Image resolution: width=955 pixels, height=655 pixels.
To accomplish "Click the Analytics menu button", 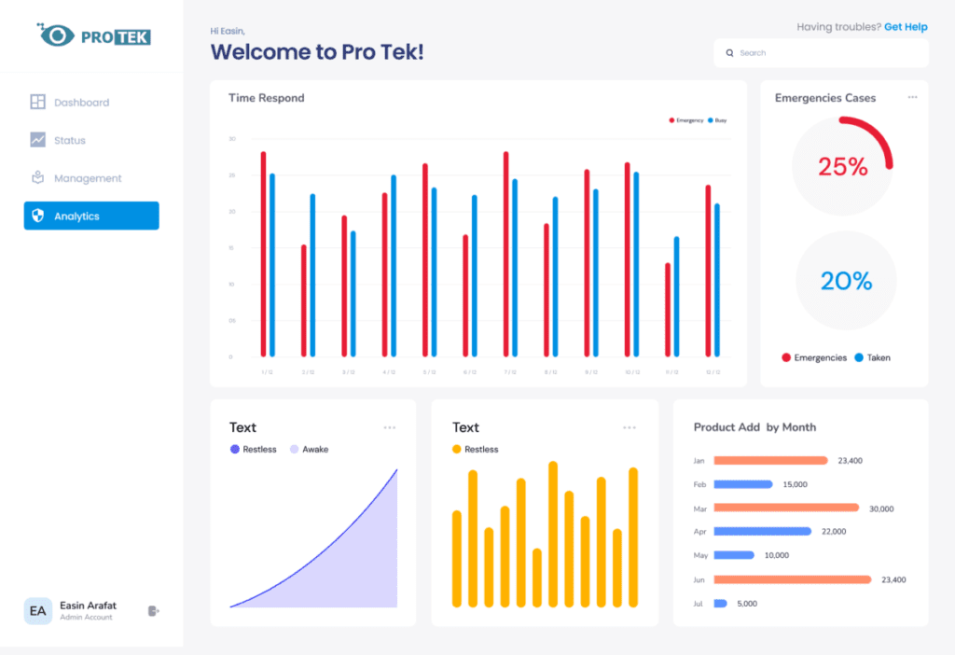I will (91, 216).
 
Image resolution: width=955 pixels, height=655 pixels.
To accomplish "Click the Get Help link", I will (906, 27).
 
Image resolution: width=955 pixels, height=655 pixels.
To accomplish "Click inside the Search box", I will (821, 53).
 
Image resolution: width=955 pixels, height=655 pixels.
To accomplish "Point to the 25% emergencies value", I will (843, 167).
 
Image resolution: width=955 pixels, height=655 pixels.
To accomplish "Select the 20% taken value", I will (846, 281).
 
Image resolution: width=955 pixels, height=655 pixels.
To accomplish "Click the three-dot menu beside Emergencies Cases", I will (912, 97).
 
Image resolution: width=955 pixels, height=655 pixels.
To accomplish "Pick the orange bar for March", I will (786, 508).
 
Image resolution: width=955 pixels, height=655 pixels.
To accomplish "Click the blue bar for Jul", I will (720, 604).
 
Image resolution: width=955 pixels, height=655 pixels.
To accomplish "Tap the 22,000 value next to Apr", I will (833, 532).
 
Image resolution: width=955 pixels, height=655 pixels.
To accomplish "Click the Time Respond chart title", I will (267, 98).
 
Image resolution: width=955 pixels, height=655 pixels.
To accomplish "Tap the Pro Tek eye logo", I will (57, 35).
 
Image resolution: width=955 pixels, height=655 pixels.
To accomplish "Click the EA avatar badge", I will (38, 611).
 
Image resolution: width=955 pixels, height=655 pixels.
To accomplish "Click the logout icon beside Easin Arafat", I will (154, 611).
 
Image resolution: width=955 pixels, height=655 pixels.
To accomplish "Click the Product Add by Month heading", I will (754, 427).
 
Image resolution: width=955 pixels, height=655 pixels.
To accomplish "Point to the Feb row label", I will (699, 484).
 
